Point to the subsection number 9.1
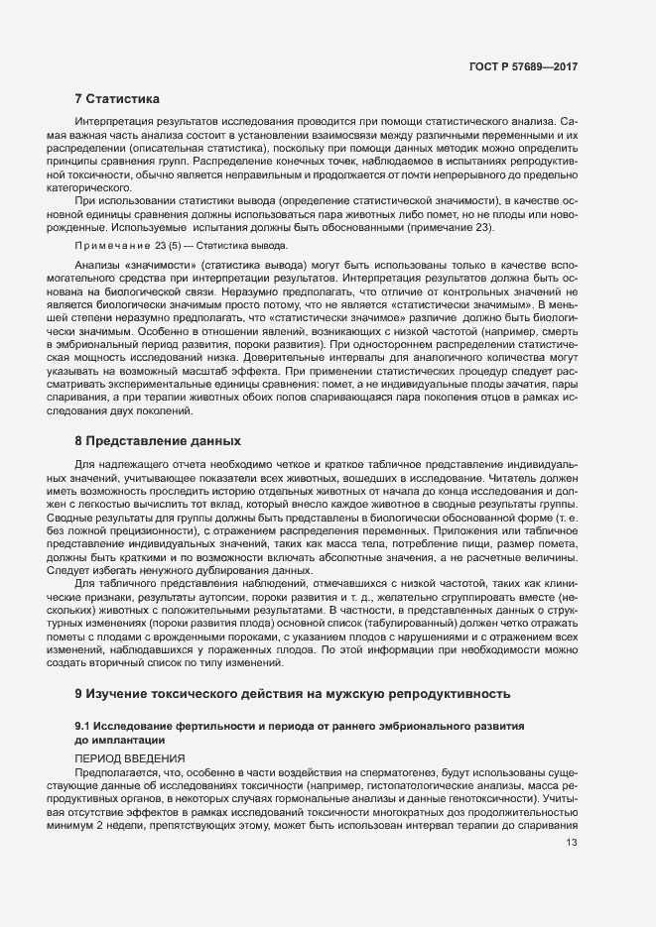coord(83,726)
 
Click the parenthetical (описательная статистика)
coord(204,147)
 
